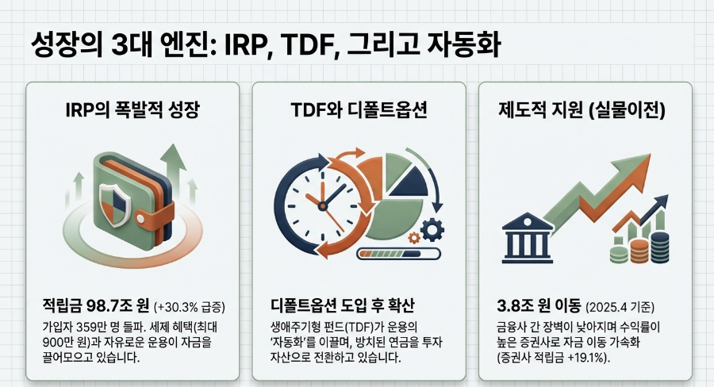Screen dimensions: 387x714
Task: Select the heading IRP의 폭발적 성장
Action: (132, 111)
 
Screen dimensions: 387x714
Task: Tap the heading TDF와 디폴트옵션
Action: (359, 111)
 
